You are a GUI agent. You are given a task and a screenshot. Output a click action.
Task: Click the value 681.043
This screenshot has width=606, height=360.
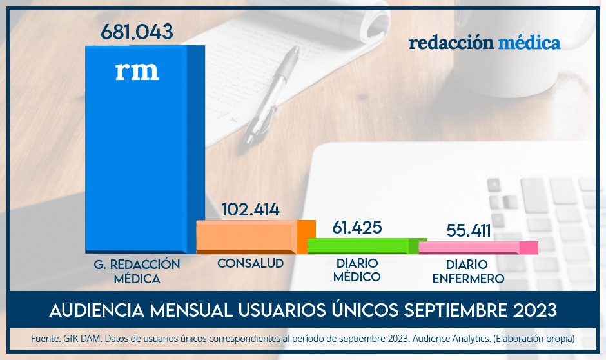(x=137, y=32)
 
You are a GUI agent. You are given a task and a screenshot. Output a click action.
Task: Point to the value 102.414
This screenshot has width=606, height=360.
(x=250, y=210)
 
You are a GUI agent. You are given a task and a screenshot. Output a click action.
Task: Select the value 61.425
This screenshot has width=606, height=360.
(x=357, y=227)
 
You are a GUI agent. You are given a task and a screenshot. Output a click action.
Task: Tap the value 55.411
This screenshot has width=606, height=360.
(x=469, y=230)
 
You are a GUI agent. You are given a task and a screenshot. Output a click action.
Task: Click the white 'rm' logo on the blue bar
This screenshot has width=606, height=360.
(x=137, y=70)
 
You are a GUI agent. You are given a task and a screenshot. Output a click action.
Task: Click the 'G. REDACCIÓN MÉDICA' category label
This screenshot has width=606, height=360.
(x=137, y=272)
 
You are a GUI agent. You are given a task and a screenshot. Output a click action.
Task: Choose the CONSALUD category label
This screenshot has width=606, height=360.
(x=250, y=264)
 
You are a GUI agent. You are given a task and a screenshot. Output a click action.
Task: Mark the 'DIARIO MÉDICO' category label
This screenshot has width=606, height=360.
(x=358, y=270)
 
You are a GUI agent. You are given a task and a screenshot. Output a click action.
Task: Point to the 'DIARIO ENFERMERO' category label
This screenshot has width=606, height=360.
(x=469, y=272)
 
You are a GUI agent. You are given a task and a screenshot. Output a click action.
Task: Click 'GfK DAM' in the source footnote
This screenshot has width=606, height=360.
(x=74, y=338)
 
